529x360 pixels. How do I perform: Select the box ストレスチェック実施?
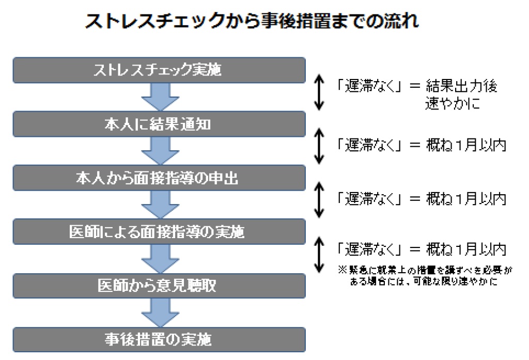tap(159, 70)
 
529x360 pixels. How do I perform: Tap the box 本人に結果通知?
tap(159, 124)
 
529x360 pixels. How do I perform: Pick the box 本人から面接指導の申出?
tap(159, 178)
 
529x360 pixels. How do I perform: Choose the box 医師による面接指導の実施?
tap(159, 232)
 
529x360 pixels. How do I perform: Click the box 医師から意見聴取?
tap(159, 286)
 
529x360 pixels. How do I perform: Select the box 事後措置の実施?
tap(159, 340)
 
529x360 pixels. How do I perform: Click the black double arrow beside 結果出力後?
tap(319, 92)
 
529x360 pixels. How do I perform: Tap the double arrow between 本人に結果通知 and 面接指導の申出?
tap(319, 146)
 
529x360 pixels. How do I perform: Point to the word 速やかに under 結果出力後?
tap(452, 103)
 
